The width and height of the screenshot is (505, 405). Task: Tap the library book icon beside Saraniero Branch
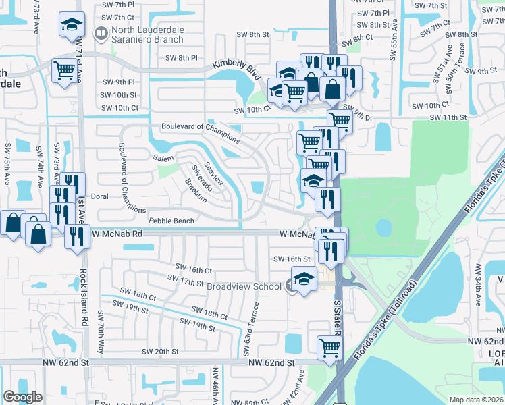point(101,32)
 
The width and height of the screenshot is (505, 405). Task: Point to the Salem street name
point(164,157)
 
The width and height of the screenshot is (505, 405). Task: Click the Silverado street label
point(202,177)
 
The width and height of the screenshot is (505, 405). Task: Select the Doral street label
point(99,197)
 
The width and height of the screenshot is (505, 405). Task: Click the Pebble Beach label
point(171,221)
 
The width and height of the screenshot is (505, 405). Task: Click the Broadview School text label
point(244,286)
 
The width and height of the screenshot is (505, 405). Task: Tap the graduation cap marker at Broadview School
point(304,280)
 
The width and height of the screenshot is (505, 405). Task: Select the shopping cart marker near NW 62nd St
point(329,347)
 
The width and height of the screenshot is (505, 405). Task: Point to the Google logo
point(23,397)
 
